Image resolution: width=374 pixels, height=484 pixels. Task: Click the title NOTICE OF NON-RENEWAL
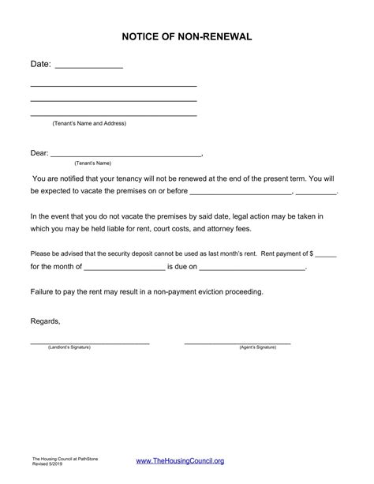(x=187, y=36)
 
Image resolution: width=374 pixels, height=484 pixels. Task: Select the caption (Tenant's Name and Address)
(x=89, y=123)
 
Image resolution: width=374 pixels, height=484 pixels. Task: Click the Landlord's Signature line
(x=89, y=342)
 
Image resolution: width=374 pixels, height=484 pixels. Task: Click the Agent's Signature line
(x=237, y=342)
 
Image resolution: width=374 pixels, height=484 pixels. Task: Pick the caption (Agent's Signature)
(x=257, y=347)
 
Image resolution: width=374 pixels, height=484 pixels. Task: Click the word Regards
(x=44, y=321)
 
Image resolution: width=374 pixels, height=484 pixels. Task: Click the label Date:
(x=40, y=64)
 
